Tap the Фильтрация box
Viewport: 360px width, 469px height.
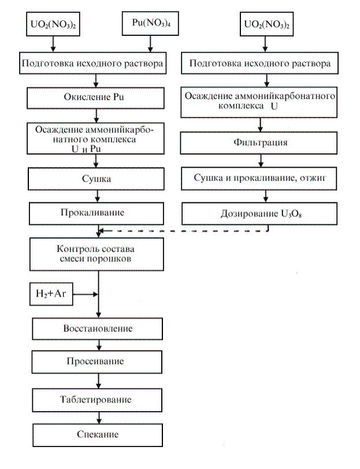(x=259, y=142)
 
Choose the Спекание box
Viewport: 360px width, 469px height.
(x=97, y=434)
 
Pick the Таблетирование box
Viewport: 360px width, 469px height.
(x=97, y=400)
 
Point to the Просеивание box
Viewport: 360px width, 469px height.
(x=97, y=361)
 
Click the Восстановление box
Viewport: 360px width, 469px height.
(x=97, y=328)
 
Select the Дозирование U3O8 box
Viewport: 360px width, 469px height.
(x=259, y=213)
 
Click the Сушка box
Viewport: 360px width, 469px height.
(x=97, y=179)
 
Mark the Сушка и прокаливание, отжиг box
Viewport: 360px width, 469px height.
(x=259, y=179)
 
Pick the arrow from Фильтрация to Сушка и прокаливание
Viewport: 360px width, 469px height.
(x=259, y=161)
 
